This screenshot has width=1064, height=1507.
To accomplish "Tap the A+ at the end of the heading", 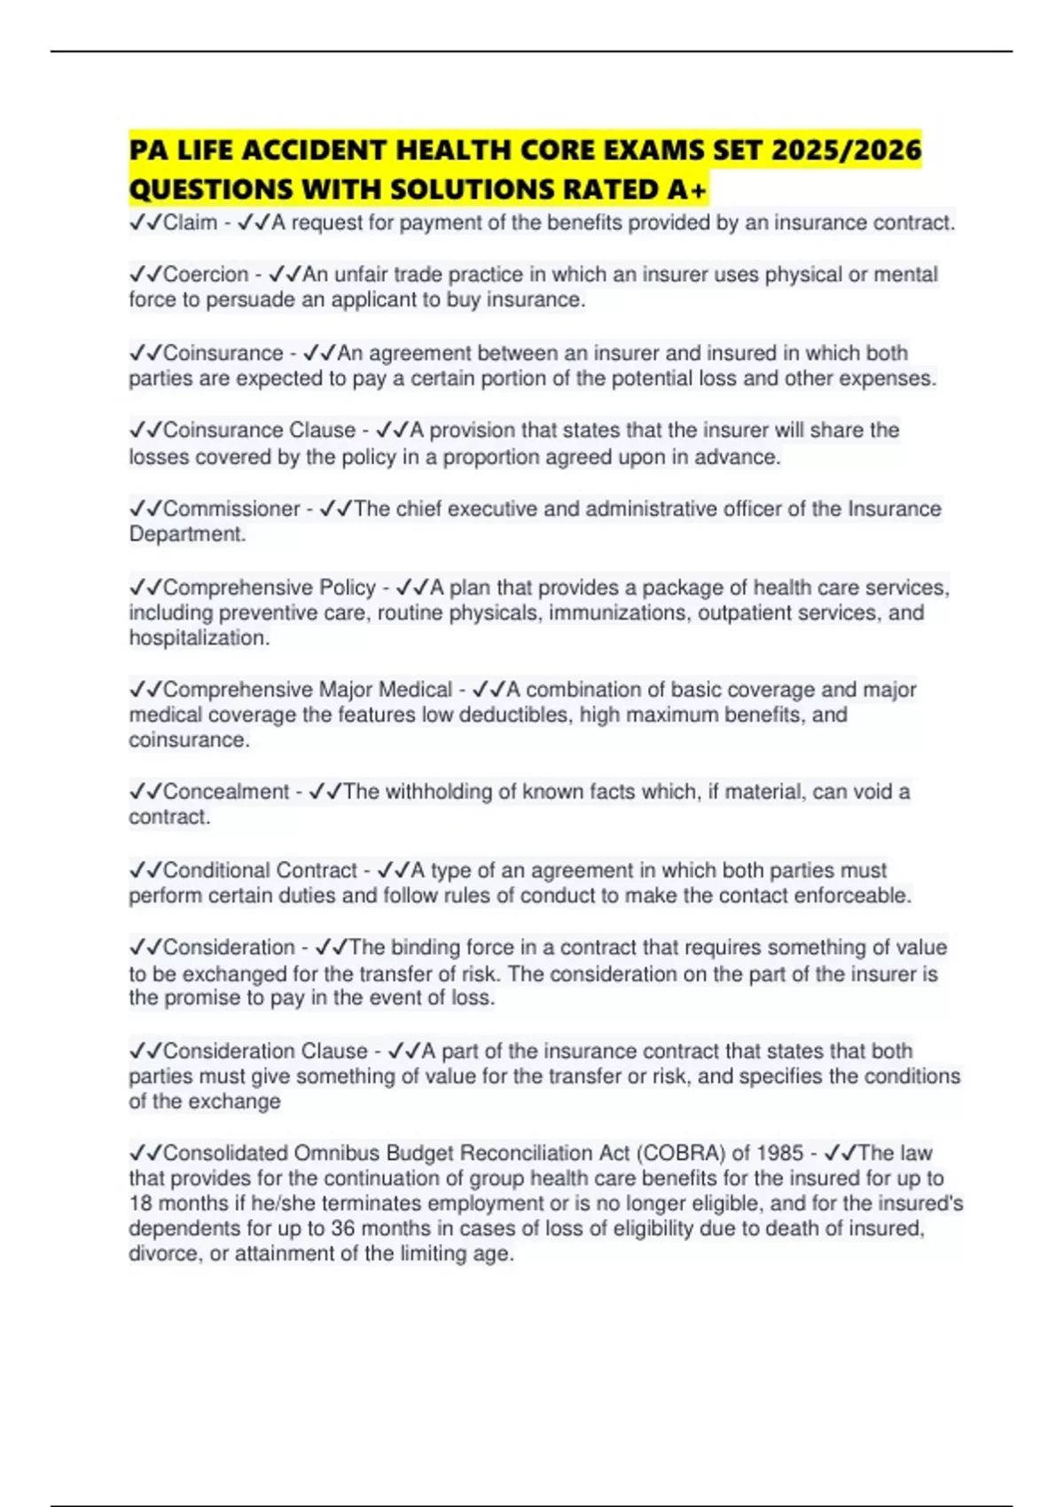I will pyautogui.click(x=688, y=190).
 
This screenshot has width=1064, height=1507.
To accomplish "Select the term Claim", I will pyautogui.click(x=190, y=223).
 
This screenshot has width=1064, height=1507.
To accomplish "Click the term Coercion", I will pyautogui.click(x=206, y=275).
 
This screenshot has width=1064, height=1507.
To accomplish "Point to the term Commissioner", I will pyautogui.click(x=231, y=509).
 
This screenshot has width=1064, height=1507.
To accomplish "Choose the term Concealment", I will pyautogui.click(x=226, y=792).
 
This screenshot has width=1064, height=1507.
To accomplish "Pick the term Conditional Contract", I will pyautogui.click(x=260, y=871).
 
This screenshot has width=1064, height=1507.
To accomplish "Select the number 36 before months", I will pyautogui.click(x=342, y=1229).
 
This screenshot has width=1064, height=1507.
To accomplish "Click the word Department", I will pyautogui.click(x=186, y=535).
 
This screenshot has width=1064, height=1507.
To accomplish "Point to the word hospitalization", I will pyautogui.click(x=198, y=638).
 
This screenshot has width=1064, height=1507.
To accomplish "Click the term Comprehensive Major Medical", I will pyautogui.click(x=308, y=690).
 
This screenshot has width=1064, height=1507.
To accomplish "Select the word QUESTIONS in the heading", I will pyautogui.click(x=211, y=190).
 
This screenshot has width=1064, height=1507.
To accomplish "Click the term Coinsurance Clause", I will pyautogui.click(x=259, y=431).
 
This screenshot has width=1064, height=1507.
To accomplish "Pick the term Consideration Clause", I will pyautogui.click(x=265, y=1051).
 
